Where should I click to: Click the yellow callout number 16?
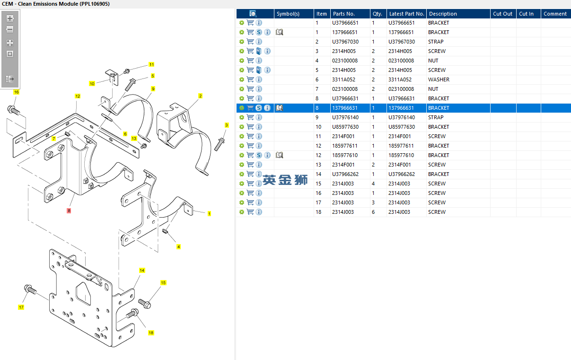(16, 92)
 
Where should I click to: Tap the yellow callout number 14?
(142, 270)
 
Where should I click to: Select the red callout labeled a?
(69, 211)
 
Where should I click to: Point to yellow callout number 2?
(201, 96)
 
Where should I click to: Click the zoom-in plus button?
(10, 18)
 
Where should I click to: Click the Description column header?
(443, 14)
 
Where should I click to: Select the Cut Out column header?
(502, 14)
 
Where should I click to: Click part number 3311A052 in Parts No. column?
(343, 79)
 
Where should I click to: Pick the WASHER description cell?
(439, 79)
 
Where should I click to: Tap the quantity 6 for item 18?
(373, 212)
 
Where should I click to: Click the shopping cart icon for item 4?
(250, 61)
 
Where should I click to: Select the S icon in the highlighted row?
(259, 108)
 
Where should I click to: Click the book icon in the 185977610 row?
(280, 155)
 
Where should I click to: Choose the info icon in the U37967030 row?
(259, 42)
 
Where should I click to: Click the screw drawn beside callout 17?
(30, 290)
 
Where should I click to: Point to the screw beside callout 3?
(219, 144)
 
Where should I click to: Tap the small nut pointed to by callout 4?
(165, 231)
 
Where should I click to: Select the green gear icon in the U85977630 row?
(242, 127)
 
